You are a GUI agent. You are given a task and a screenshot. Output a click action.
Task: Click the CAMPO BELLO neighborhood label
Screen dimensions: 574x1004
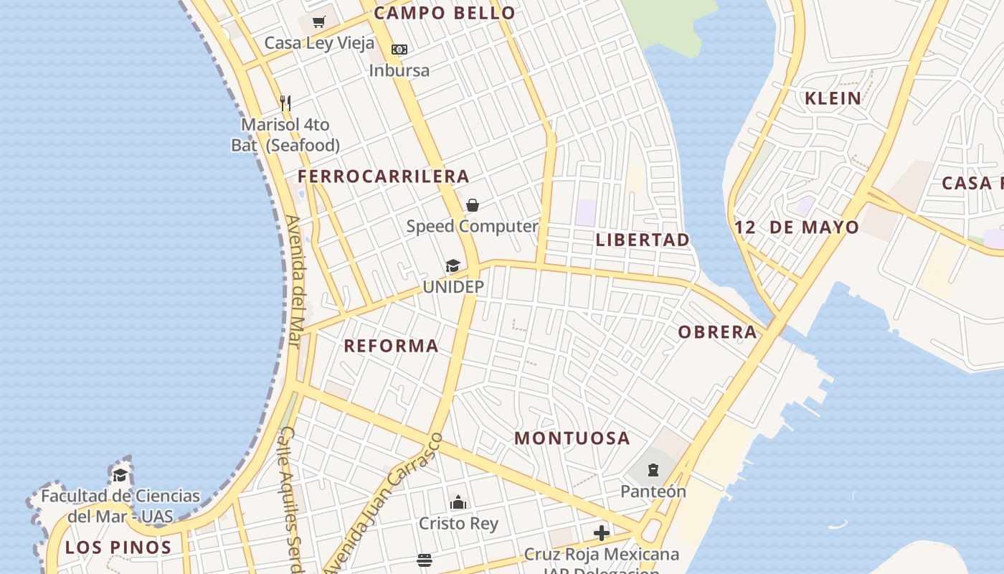(x=445, y=13)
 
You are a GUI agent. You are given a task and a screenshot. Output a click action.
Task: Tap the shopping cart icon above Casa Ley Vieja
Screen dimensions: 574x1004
(x=319, y=22)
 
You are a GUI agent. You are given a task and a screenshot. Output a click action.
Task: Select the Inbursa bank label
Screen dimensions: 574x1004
(x=399, y=70)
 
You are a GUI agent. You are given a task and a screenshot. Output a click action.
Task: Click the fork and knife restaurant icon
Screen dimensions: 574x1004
(x=285, y=103)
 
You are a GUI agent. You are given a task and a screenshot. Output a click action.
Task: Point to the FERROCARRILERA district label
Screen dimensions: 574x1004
(x=384, y=177)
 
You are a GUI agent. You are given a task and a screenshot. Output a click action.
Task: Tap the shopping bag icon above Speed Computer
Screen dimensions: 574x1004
(x=473, y=206)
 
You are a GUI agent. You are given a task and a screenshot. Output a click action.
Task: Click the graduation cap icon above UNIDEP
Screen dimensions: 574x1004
(x=453, y=266)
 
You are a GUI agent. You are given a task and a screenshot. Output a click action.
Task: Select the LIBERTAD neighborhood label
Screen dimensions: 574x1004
(x=643, y=240)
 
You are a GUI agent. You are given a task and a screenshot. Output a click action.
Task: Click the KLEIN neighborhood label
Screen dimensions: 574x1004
(x=833, y=99)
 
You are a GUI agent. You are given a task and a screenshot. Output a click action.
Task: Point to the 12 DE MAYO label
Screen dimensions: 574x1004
(x=796, y=228)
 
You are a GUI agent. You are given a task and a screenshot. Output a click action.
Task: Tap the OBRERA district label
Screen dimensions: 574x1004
(x=717, y=332)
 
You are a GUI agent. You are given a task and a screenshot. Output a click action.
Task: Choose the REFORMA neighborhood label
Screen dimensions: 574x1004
(x=391, y=346)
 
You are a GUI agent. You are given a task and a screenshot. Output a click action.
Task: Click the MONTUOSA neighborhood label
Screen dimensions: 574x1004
(x=572, y=438)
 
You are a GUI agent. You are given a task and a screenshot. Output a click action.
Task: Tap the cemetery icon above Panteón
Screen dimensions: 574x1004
(x=653, y=471)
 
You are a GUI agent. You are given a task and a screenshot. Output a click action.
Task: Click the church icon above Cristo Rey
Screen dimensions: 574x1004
(x=458, y=502)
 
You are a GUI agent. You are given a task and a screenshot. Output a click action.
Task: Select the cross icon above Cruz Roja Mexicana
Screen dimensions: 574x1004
(x=602, y=533)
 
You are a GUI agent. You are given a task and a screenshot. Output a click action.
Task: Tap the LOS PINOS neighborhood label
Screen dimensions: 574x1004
(x=118, y=548)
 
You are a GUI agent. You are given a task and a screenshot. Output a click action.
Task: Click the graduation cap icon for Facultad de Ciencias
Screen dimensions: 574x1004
(x=120, y=475)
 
